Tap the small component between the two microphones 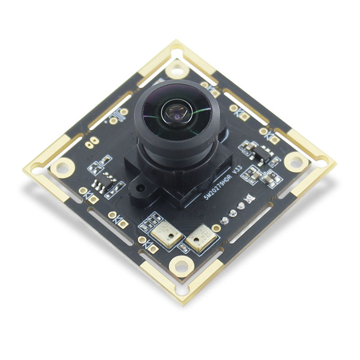pos(184,247)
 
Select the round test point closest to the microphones pos(224,220)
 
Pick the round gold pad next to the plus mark pos(113,121)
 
